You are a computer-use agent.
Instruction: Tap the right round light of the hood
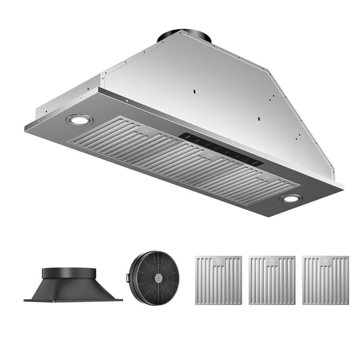click(x=291, y=198)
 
